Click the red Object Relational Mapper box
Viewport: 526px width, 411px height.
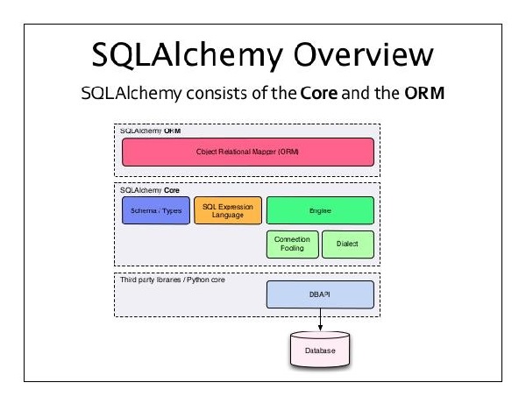[x=248, y=152]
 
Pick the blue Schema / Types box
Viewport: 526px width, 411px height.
[x=156, y=210]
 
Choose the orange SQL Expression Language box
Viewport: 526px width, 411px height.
[x=227, y=210]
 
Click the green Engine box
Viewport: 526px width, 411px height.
[x=320, y=210]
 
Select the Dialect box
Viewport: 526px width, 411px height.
[x=348, y=244]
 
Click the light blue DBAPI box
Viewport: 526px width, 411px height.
[x=320, y=294]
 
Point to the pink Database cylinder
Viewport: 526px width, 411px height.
[x=319, y=350]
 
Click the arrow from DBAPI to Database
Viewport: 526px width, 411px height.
[x=320, y=320]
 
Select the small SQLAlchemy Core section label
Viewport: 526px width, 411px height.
[x=144, y=188]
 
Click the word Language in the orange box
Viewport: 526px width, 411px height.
[x=228, y=215]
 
